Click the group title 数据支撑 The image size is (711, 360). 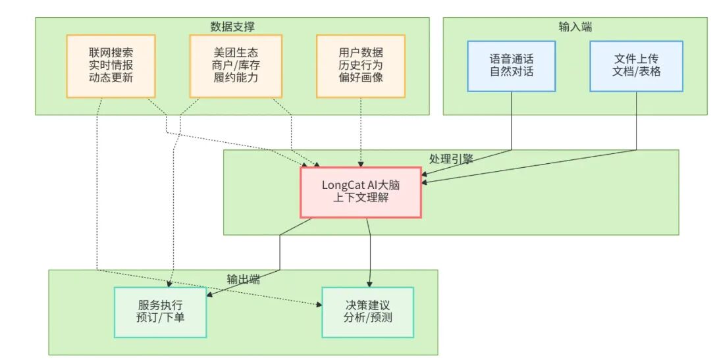tap(232, 26)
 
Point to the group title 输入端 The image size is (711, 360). tap(575, 26)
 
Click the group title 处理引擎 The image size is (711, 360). tap(451, 159)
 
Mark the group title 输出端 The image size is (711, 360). tap(243, 278)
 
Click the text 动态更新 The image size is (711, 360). tap(111, 77)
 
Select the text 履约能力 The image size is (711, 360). tap(236, 77)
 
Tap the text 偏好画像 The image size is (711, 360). tap(361, 77)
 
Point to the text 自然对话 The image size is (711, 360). tap(512, 71)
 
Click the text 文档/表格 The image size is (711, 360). tap(636, 71)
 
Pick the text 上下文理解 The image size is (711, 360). tap(361, 197)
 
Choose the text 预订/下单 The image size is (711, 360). tap(161, 319)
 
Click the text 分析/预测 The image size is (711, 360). tap(367, 319)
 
